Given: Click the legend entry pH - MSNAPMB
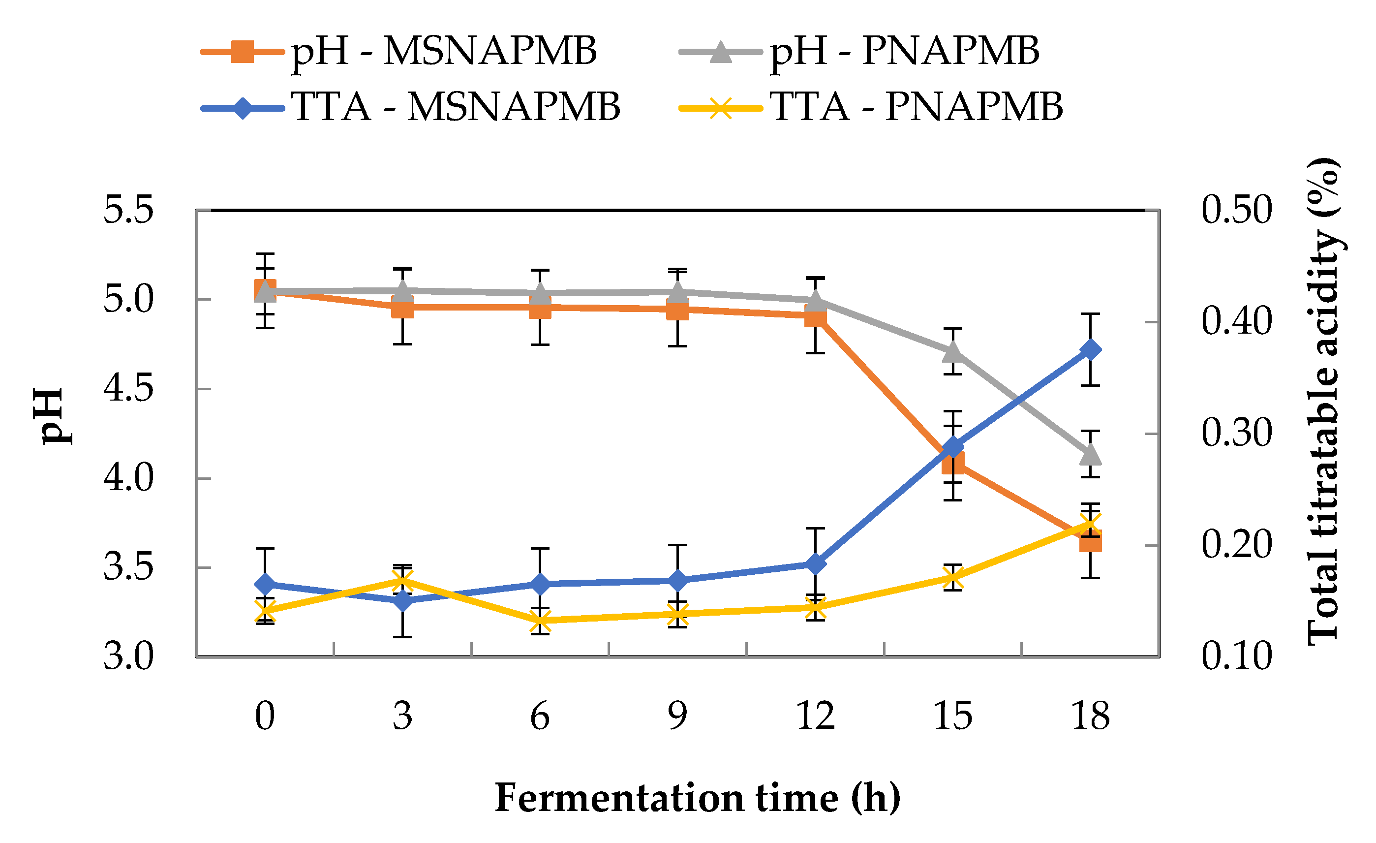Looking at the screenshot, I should pyautogui.click(x=399, y=51).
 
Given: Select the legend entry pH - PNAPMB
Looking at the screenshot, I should pyautogui.click(x=859, y=51).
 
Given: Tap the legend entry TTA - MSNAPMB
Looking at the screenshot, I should pyautogui.click(x=410, y=106).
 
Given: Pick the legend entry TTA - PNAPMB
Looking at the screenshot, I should pyautogui.click(x=871, y=106).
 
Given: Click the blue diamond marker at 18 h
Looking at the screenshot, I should pyautogui.click(x=1090, y=350).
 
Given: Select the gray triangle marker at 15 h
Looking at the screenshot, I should pyautogui.click(x=953, y=352).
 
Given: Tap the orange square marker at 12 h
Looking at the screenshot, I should pyautogui.click(x=815, y=317).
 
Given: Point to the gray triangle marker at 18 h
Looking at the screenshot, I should pyautogui.click(x=1090, y=455).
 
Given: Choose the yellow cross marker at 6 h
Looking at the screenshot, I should pyautogui.click(x=540, y=620).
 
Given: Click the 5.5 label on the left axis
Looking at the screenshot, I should pyautogui.click(x=128, y=211).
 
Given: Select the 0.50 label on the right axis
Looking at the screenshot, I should pyautogui.click(x=1236, y=211).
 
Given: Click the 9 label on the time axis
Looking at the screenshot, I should pyautogui.click(x=677, y=717).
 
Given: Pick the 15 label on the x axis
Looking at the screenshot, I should pyautogui.click(x=953, y=717).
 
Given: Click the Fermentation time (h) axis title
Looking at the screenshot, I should pyautogui.click(x=698, y=798).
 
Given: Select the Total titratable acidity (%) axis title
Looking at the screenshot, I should pyautogui.click(x=1323, y=401).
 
